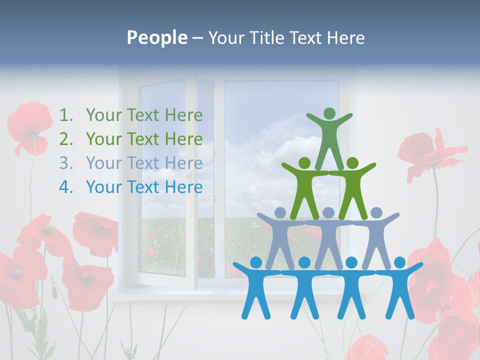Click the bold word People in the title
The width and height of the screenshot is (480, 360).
pyautogui.click(x=156, y=37)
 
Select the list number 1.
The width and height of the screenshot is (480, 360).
pyautogui.click(x=65, y=115)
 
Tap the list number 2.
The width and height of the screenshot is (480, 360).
pyautogui.click(x=65, y=139)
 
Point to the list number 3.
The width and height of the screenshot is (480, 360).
pyautogui.click(x=65, y=163)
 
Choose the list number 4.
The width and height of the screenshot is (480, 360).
pyautogui.click(x=65, y=187)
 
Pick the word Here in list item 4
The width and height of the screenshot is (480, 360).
pyautogui.click(x=183, y=187)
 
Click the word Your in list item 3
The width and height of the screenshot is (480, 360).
pyautogui.click(x=103, y=163)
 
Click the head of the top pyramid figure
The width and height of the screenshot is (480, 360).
pyautogui.click(x=329, y=113)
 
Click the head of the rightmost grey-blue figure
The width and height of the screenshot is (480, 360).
pyautogui.click(x=376, y=212)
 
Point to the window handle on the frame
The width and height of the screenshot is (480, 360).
pyautogui.click(x=189, y=176)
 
